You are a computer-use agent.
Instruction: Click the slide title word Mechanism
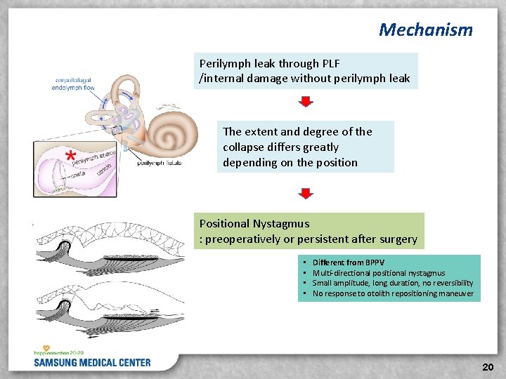[425, 29]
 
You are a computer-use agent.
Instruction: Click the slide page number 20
[488, 367]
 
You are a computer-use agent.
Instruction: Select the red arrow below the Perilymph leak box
[305, 102]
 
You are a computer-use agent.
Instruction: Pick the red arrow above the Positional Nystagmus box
[305, 193]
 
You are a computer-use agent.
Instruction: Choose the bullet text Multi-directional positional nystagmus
[379, 273]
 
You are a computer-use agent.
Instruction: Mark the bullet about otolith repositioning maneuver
[393, 293]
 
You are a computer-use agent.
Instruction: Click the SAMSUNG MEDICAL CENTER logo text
[92, 363]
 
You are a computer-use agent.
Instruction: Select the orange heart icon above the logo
[46, 348]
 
